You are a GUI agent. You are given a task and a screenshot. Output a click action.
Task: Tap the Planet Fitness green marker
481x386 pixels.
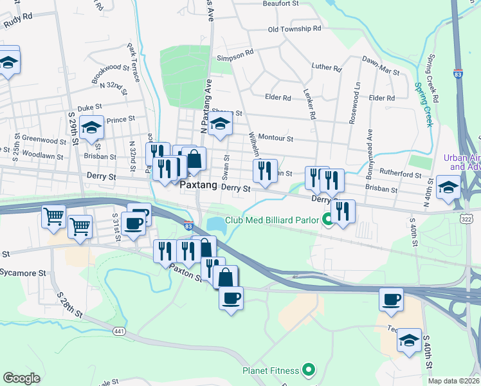point(309,370)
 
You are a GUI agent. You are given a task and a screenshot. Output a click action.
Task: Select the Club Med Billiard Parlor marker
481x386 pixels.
point(328,220)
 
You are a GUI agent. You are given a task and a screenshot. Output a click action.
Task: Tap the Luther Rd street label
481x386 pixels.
point(326,67)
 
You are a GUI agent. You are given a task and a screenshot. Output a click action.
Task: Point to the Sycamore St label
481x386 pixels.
point(23,273)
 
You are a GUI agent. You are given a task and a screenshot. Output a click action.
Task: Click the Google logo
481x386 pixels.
point(21,378)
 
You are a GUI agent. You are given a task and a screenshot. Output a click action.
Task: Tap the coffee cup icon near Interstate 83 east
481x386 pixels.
point(391,299)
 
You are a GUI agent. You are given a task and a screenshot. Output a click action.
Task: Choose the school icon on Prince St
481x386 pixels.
point(92,128)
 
